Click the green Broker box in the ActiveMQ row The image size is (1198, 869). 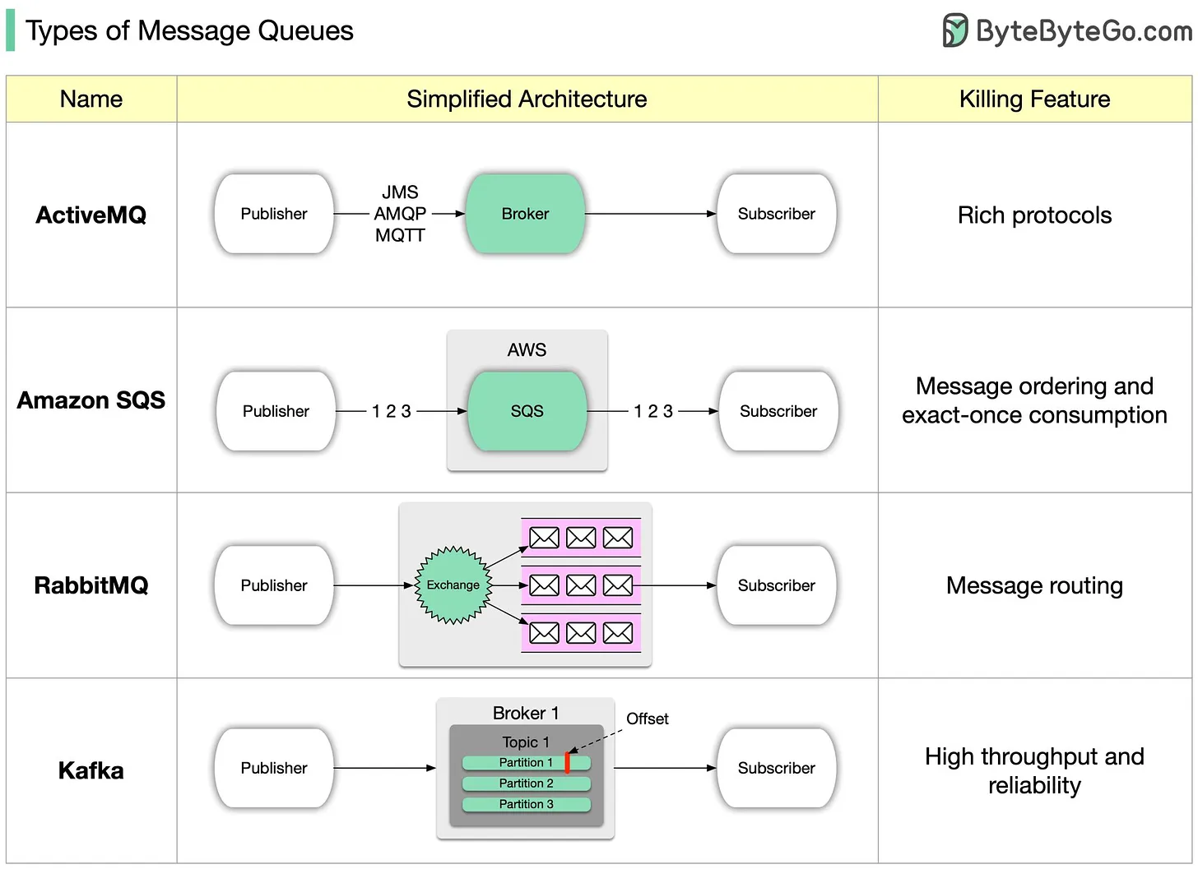coord(525,214)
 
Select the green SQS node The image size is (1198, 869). coord(527,411)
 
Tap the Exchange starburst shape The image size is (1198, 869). coord(453,585)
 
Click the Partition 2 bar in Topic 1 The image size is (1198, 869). coord(526,783)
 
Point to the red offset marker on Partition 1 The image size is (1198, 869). coord(567,763)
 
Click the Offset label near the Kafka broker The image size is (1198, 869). coord(647,719)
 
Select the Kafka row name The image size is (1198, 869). coord(91,770)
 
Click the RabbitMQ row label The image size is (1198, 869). coord(91,585)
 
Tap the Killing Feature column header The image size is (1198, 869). coord(1034,99)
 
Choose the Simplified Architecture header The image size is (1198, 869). coord(527,99)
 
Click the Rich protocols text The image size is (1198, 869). coord(1034,215)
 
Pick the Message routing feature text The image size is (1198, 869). coord(1034,585)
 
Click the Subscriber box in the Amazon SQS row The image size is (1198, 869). coord(778,411)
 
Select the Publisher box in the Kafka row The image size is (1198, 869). coord(273,768)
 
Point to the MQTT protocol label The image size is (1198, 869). coord(400,236)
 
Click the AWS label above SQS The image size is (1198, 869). coord(527,350)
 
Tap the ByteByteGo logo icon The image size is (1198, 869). coord(954,30)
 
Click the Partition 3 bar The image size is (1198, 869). coord(526,804)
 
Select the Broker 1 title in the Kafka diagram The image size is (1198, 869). coord(525,713)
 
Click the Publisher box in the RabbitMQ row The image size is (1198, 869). coord(273,585)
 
